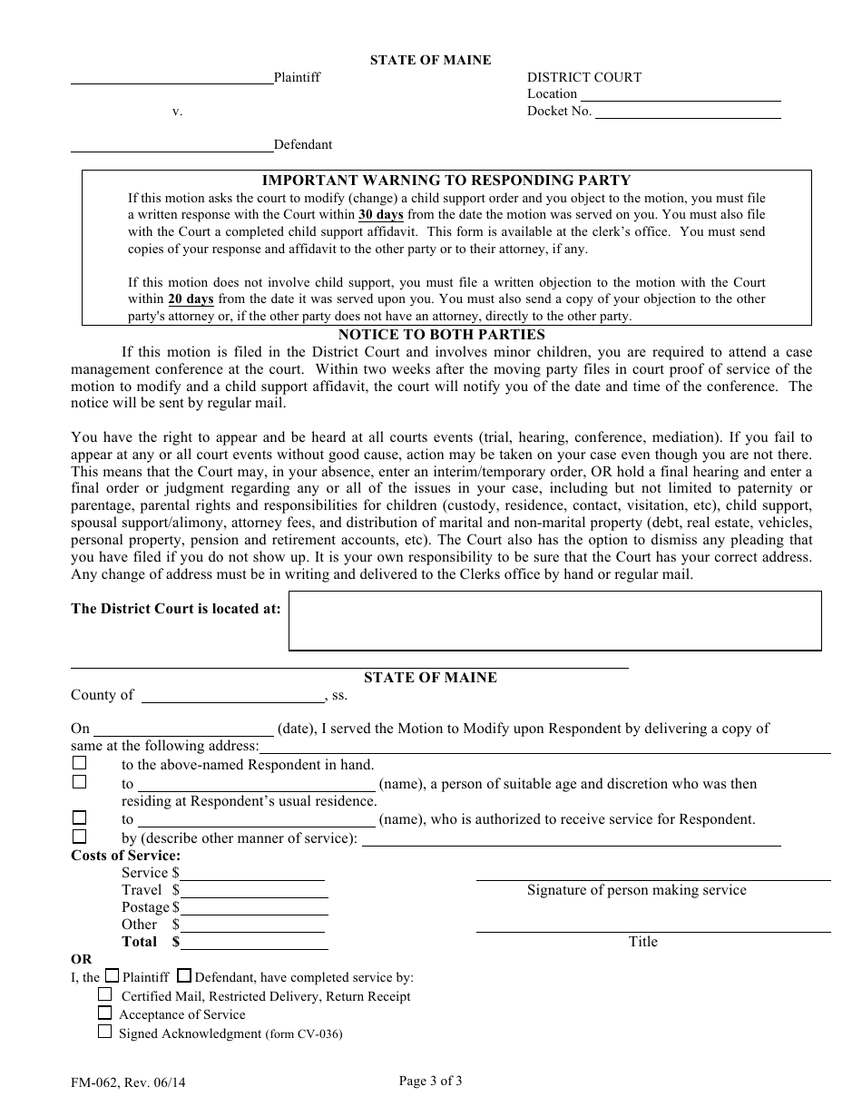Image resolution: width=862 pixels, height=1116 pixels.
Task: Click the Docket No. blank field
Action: [687, 112]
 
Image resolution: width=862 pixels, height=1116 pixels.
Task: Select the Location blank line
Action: [681, 94]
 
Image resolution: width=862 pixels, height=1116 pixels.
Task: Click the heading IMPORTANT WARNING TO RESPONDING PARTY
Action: [446, 181]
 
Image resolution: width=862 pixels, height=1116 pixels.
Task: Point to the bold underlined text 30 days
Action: [380, 215]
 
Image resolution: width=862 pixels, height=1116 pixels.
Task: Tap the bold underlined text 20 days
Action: [191, 299]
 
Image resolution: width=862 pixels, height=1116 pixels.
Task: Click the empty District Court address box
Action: [554, 621]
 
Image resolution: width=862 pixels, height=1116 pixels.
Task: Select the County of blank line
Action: [234, 696]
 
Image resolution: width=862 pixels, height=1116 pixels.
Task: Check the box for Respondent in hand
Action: [80, 764]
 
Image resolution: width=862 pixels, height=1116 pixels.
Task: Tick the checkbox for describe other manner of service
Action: [80, 837]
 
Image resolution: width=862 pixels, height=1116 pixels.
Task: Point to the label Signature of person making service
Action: [636, 890]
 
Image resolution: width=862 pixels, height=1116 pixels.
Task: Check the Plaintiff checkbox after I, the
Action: [112, 976]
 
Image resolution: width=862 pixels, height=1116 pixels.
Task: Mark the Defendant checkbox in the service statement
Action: [184, 976]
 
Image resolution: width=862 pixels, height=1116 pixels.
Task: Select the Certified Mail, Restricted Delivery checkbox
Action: [105, 994]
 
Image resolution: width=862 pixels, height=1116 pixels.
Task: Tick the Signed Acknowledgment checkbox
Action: [105, 1032]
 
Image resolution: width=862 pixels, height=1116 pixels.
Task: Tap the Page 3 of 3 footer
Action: [430, 1080]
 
